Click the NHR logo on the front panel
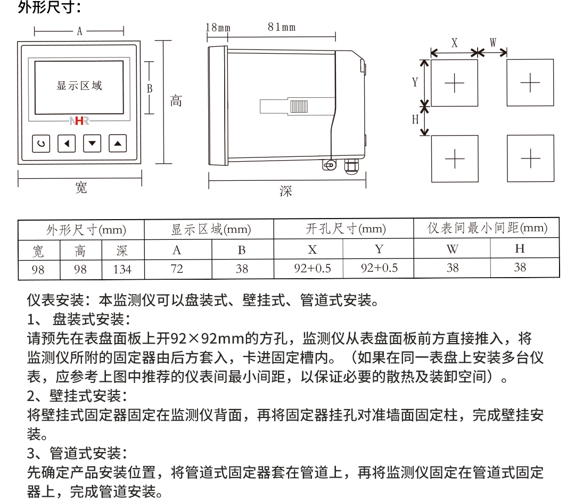coord(79,121)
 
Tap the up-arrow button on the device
coord(118,143)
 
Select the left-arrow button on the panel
coord(67,143)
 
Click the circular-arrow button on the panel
coord(41,144)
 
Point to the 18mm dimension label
coord(218,28)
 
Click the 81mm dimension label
coord(282,27)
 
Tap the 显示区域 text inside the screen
coord(79,86)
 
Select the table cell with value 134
coord(122,270)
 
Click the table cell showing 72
coord(177,269)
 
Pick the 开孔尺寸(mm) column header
coord(346,229)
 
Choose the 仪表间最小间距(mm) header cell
coord(487,228)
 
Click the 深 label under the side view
coord(286,191)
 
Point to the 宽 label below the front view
coord(81,188)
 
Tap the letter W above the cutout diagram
coord(493,43)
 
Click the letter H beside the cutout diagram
coord(415,119)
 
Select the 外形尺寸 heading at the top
coord(49,7)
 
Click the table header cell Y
coord(379,249)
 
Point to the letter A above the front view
coord(79,31)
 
